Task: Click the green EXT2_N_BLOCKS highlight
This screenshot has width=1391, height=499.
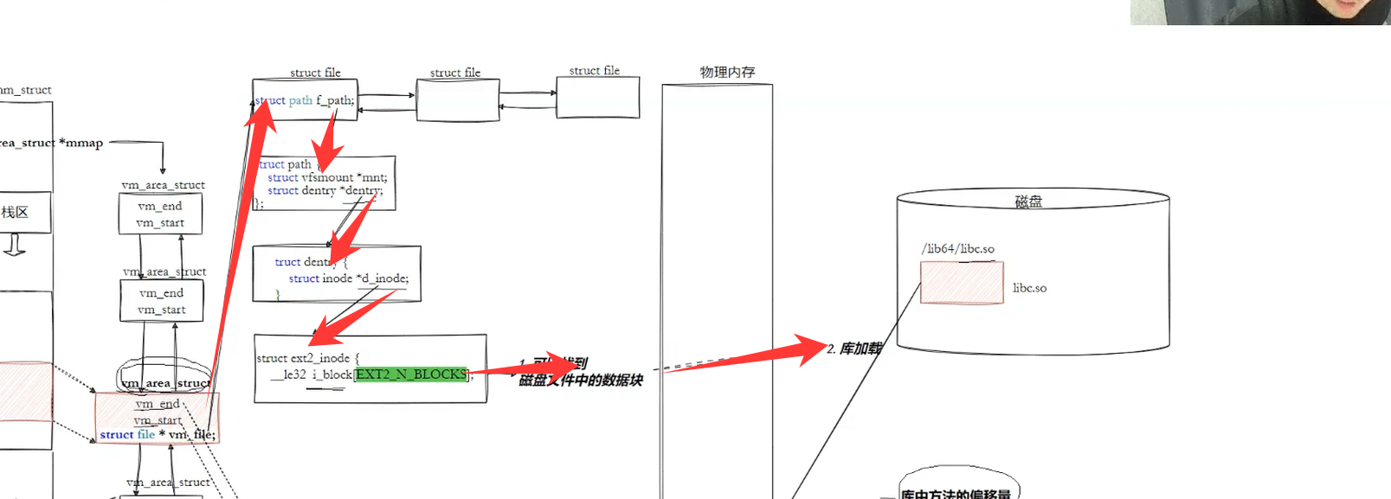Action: tap(411, 374)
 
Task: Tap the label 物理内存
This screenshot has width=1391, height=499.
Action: tap(727, 72)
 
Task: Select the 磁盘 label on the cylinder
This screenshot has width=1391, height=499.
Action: tap(1028, 202)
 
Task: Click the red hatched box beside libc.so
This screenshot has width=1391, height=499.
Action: tap(962, 283)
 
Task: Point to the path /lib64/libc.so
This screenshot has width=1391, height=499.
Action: tap(958, 249)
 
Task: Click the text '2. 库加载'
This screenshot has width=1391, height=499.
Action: tap(854, 349)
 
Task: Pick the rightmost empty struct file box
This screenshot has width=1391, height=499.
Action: tap(597, 98)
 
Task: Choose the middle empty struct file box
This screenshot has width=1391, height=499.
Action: tap(458, 100)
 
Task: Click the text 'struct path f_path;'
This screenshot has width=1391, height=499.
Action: tap(306, 100)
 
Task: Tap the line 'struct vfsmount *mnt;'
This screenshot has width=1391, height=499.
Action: tap(327, 177)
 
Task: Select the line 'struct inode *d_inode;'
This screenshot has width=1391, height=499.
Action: tap(348, 278)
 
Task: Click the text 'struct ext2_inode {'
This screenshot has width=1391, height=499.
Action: tap(307, 358)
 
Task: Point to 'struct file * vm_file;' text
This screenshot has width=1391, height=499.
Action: tap(158, 434)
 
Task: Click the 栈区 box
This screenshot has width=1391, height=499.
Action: tap(17, 213)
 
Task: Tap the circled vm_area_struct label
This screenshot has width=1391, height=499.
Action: tap(164, 382)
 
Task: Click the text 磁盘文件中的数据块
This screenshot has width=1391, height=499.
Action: tap(581, 381)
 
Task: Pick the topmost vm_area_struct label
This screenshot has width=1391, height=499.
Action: tap(164, 185)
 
